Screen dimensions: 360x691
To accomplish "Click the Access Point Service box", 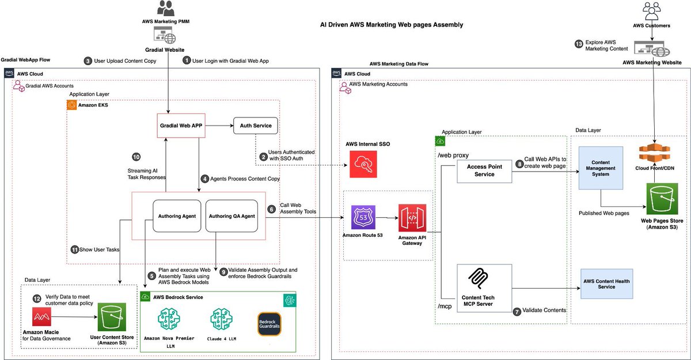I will point(484,170).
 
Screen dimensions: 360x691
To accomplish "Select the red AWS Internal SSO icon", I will point(363,165).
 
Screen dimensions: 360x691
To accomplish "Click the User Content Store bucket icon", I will point(113,319).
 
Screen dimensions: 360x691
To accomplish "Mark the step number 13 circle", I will point(579,44).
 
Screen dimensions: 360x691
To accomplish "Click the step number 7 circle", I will point(517,311).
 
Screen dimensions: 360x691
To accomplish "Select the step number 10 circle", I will point(136,157).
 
